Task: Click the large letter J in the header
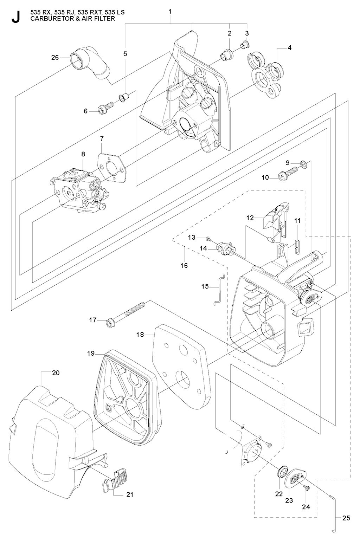point(15,17)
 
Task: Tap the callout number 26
point(55,57)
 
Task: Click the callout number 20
point(56,373)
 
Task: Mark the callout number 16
point(184,265)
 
